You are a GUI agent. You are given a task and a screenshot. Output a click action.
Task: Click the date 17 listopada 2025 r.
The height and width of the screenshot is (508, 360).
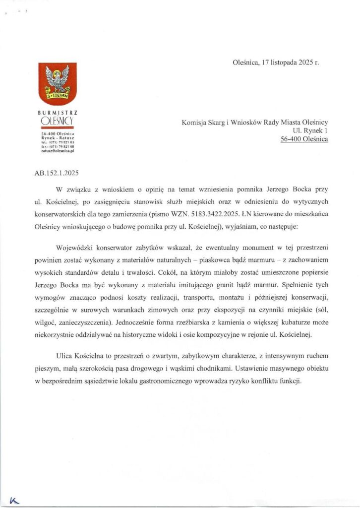coord(286,63)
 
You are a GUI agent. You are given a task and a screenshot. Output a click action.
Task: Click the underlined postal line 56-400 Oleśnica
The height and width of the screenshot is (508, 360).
coord(304,139)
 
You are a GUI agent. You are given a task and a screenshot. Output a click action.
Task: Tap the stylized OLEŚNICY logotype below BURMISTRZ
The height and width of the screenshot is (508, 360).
coord(57,121)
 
